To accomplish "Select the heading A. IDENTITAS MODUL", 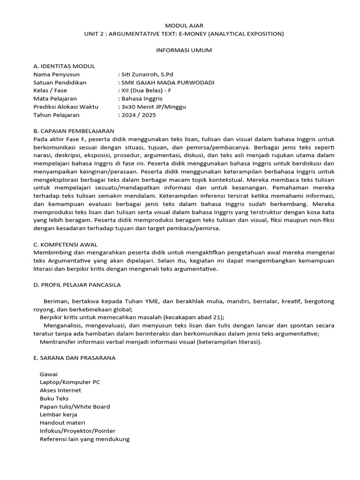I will [x=64, y=66].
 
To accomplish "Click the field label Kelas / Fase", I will [x=51, y=90].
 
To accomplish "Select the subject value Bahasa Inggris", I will [x=142, y=99].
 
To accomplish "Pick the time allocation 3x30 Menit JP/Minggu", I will [x=153, y=107].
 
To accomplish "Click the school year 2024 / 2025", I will [x=139, y=115].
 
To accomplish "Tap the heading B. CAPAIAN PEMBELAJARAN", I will [x=74, y=131].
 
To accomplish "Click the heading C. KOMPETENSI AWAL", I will [x=66, y=245].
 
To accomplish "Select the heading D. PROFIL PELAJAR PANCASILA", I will [x=77, y=285].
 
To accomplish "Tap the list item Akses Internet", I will [x=60, y=390].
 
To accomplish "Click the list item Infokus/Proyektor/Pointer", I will [x=78, y=431].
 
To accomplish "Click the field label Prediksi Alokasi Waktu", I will [x=66, y=107].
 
